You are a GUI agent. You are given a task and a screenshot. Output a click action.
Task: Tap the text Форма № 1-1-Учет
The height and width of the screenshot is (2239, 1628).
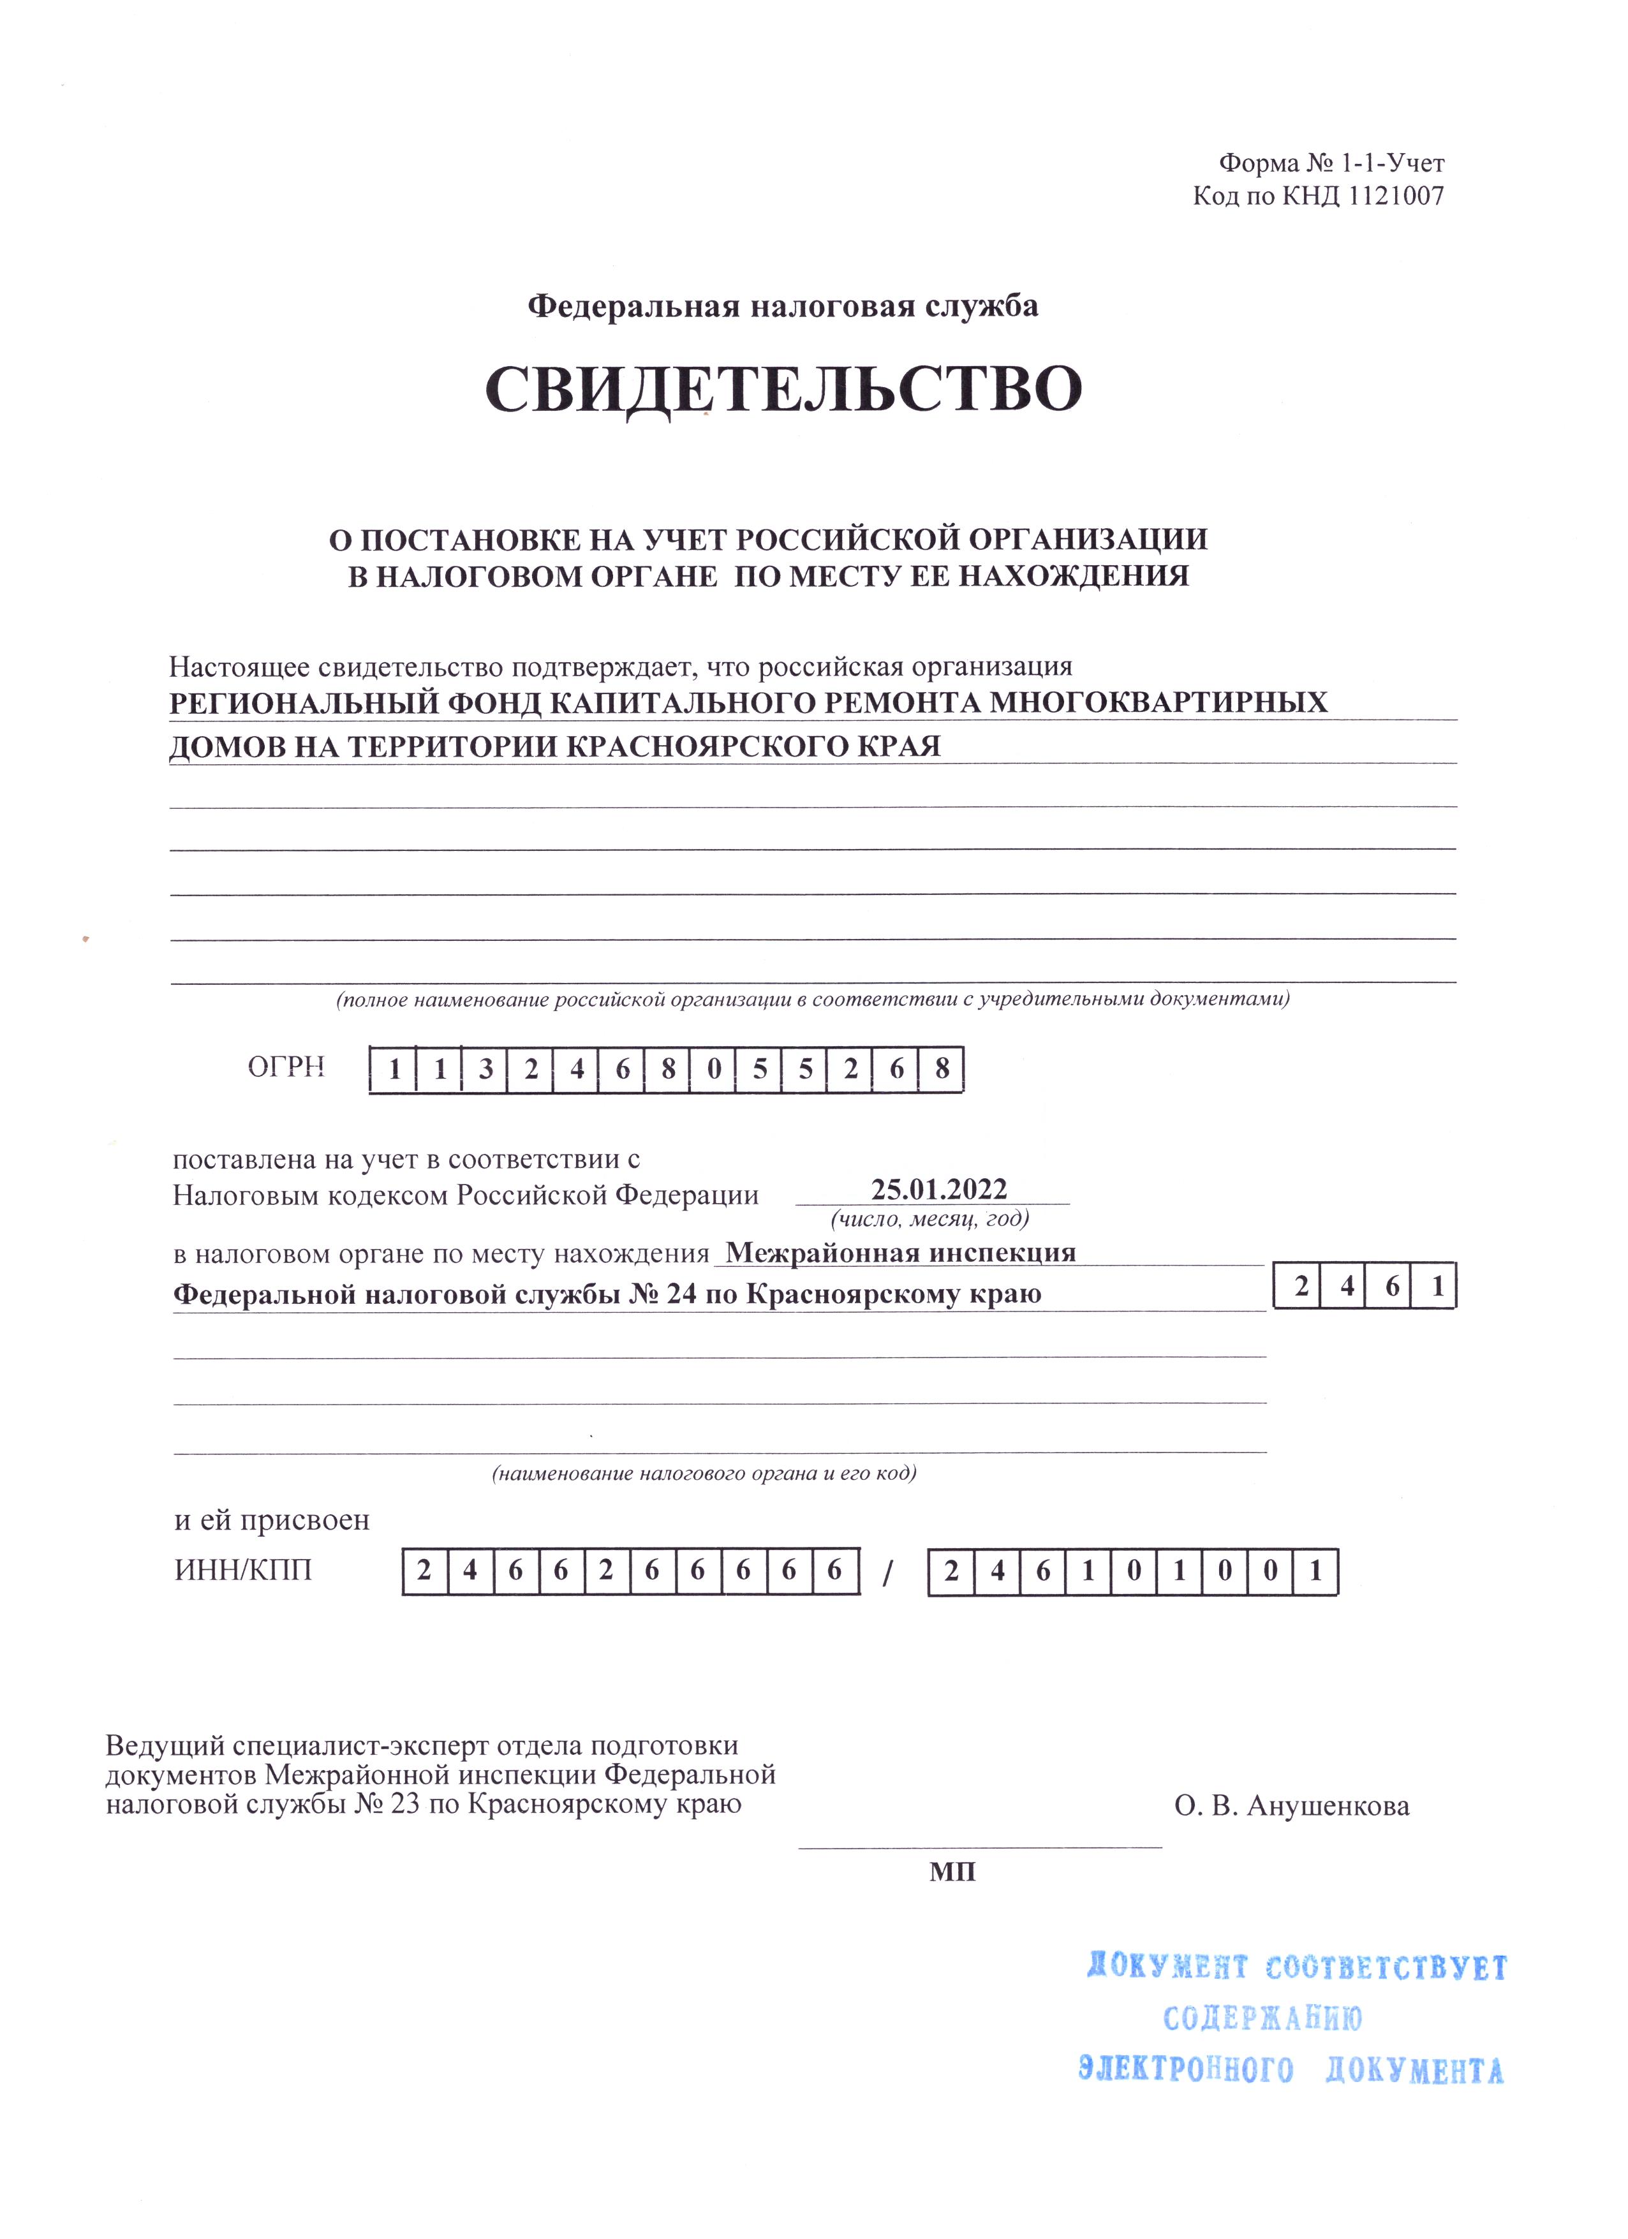point(1332,163)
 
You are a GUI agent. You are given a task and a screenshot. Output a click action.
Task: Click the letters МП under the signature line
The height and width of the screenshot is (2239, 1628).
point(952,1872)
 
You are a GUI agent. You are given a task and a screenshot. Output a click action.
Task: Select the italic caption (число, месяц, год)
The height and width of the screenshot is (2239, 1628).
point(930,1219)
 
